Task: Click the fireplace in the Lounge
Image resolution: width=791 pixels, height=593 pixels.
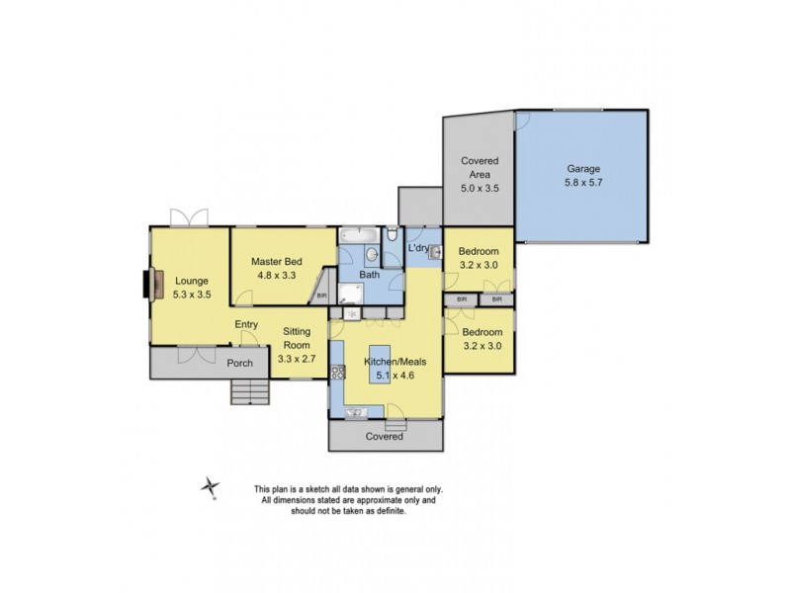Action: point(149,285)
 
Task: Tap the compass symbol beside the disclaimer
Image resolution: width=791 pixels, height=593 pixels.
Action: point(211,486)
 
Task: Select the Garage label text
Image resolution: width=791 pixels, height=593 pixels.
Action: point(582,169)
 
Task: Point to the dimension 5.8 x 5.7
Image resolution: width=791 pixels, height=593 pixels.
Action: point(582,183)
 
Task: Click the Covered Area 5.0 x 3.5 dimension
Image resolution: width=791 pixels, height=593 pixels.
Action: point(479,188)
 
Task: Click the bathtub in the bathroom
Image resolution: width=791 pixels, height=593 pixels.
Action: point(357,235)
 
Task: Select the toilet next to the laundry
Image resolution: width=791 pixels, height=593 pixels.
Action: point(393,234)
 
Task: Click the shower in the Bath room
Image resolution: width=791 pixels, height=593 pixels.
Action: point(349,293)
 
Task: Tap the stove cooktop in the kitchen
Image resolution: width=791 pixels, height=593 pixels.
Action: point(338,373)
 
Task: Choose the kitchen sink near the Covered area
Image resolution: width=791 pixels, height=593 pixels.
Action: point(355,411)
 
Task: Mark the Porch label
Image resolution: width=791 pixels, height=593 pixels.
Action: point(240,363)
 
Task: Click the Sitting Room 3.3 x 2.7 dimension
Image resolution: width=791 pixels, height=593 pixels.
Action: point(297,359)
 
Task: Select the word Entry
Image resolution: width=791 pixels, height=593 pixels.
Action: point(246,324)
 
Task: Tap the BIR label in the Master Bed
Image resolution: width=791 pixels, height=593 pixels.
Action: point(320,295)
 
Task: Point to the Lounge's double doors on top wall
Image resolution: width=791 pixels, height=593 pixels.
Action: point(188,217)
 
